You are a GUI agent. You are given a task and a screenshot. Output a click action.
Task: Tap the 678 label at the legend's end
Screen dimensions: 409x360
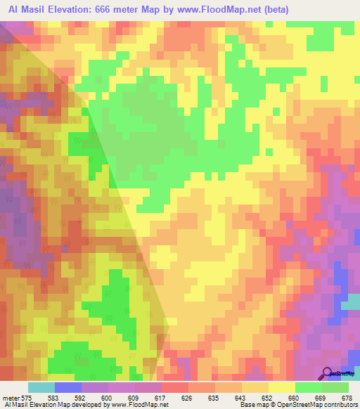(x=347, y=398)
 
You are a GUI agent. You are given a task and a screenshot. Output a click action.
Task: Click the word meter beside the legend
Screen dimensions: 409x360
(x=11, y=398)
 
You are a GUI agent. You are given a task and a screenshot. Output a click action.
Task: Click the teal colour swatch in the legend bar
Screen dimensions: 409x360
(x=41, y=387)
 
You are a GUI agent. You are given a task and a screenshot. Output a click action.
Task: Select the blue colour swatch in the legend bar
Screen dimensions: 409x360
(x=67, y=387)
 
